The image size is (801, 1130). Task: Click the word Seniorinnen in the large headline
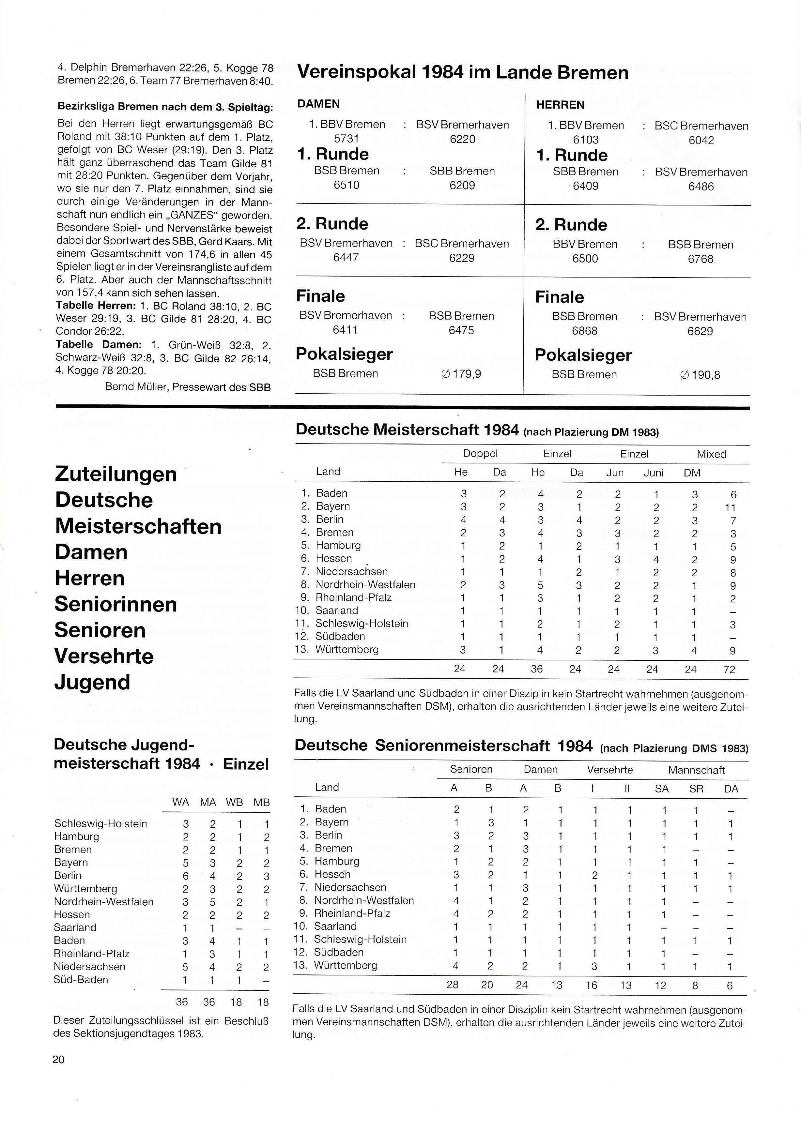tap(116, 604)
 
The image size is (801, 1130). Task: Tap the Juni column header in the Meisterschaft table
tap(654, 473)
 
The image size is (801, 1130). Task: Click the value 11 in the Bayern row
tap(731, 508)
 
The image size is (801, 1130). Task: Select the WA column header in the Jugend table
tap(180, 802)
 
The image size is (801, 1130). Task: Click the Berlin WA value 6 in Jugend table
tap(185, 876)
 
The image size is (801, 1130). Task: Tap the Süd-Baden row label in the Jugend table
tap(81, 980)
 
